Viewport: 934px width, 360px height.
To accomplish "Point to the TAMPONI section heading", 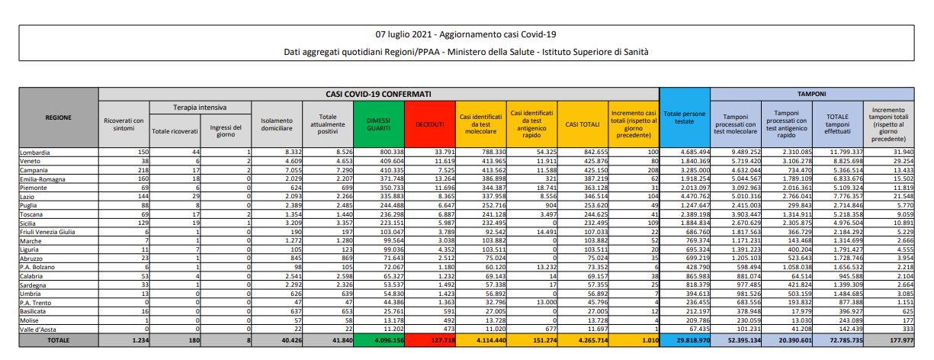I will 813,93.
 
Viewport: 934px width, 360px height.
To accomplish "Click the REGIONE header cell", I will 59,117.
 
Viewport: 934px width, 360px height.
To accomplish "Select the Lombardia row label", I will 35,153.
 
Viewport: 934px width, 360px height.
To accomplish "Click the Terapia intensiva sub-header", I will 200,108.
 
